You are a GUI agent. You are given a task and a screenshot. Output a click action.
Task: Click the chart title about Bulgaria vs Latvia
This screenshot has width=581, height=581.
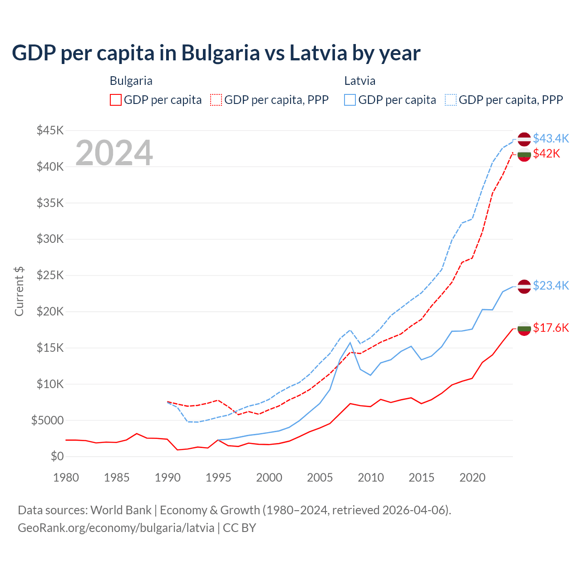[216, 53]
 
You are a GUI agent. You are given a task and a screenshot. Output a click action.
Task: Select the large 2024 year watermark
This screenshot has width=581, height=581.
[114, 153]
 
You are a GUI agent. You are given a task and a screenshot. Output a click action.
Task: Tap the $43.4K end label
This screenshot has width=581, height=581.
[551, 138]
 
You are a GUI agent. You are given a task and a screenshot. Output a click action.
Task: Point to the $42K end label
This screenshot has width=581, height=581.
[547, 153]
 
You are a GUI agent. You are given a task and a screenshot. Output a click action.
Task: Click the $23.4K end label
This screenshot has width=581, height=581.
[551, 286]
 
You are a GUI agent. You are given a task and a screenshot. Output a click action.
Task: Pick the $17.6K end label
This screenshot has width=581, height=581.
[551, 328]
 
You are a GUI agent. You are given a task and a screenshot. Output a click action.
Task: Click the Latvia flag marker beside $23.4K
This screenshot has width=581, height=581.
[524, 286]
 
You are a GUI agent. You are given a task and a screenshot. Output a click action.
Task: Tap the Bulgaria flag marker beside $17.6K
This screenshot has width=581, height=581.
[524, 329]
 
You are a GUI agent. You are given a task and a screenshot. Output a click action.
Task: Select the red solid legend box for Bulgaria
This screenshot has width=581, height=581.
[116, 100]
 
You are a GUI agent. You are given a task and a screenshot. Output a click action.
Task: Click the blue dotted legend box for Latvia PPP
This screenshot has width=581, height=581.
[451, 100]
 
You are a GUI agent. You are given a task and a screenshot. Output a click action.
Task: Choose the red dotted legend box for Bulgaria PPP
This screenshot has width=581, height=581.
[216, 100]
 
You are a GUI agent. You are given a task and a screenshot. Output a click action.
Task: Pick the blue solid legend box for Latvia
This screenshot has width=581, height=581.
[350, 100]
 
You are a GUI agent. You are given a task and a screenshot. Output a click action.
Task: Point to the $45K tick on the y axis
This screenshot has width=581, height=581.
[50, 131]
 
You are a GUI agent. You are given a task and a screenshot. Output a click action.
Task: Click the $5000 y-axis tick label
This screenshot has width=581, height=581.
[47, 420]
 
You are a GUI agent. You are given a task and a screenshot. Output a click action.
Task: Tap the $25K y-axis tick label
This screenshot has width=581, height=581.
[50, 276]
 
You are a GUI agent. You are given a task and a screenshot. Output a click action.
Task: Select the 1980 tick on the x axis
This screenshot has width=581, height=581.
[66, 478]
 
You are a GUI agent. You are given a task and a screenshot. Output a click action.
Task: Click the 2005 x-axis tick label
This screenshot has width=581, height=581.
[320, 478]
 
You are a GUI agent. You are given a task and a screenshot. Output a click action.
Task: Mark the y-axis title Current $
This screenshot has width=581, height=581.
[19, 291]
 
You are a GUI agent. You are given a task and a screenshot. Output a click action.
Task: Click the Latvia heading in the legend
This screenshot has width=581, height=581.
[359, 81]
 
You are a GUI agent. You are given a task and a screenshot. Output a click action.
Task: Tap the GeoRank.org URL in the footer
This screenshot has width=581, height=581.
[116, 528]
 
